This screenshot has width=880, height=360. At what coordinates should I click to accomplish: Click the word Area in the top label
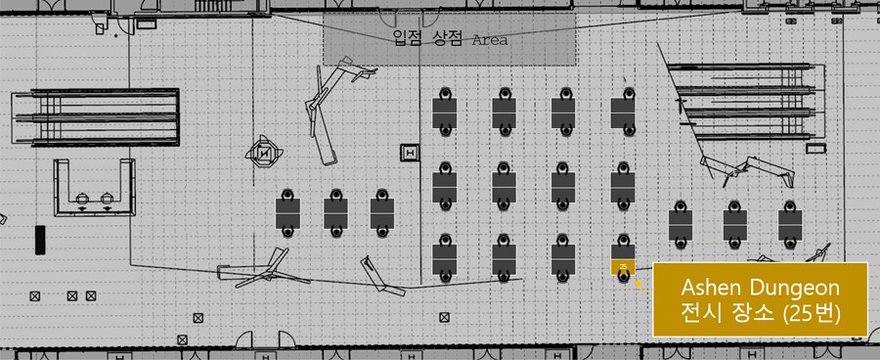(x=489, y=41)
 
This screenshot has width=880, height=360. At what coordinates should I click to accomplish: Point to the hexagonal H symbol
(x=264, y=153)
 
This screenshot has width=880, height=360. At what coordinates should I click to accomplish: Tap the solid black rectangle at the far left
(x=40, y=240)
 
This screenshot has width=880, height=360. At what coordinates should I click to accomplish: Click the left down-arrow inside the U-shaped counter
(x=81, y=205)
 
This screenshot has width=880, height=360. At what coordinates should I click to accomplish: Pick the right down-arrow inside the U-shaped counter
(x=105, y=205)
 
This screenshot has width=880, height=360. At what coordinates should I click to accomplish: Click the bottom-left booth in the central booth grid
(x=445, y=256)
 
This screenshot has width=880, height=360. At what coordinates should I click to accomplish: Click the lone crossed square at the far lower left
(x=35, y=294)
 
